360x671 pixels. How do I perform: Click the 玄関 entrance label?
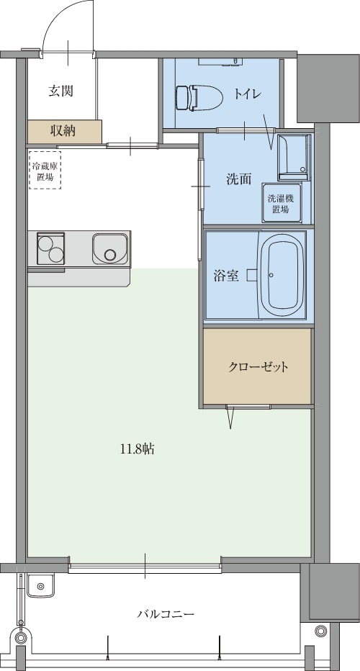(60, 91)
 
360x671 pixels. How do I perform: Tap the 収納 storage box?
(65, 132)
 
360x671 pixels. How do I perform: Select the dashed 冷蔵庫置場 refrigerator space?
(45, 170)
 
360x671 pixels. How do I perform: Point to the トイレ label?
(248, 94)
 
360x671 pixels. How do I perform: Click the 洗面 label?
(238, 179)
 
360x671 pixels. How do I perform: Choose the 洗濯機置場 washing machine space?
(282, 203)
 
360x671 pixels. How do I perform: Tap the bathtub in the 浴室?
(282, 274)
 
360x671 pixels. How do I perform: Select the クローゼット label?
(258, 366)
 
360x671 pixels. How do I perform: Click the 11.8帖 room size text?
(137, 449)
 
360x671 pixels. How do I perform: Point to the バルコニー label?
(166, 614)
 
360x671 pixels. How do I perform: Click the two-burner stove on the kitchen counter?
(50, 248)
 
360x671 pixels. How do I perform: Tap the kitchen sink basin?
(110, 249)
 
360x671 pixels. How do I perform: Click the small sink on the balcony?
(40, 585)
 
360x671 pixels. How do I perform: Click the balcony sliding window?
(145, 567)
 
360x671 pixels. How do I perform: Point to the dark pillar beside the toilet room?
(328, 88)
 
